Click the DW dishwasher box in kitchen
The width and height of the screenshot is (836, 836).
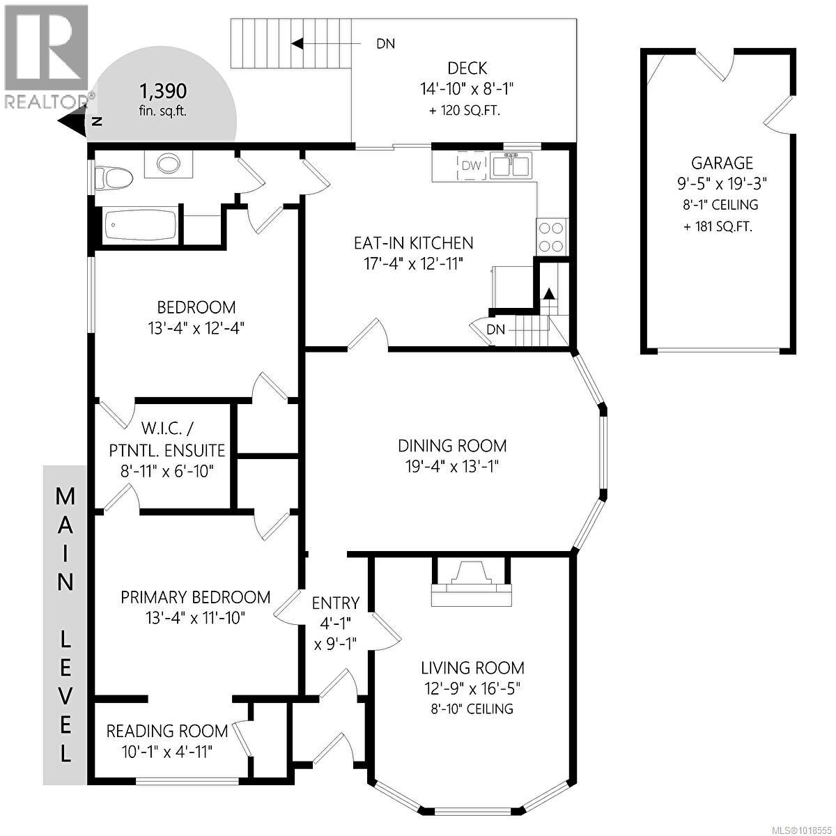pos(472,166)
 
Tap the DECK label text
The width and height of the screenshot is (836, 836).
pos(467,68)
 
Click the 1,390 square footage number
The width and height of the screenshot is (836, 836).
pos(163,91)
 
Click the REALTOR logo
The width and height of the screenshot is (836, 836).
pos(46,56)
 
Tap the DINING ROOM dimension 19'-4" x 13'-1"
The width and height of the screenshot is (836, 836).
pos(452,466)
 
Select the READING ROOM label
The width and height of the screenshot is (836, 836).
pos(167,731)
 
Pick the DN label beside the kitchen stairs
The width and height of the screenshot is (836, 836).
pos(495,329)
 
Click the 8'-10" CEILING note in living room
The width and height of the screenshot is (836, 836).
pos(472,709)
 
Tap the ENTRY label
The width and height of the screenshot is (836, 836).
pos(335,603)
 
